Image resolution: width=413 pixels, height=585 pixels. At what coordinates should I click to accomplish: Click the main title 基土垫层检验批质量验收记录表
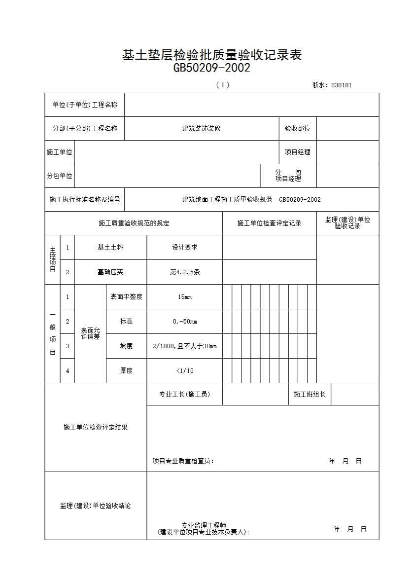(x=212, y=55)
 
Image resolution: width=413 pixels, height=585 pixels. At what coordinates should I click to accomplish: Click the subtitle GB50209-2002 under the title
(x=212, y=68)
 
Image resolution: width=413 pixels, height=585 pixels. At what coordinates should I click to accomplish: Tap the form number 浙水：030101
(x=332, y=85)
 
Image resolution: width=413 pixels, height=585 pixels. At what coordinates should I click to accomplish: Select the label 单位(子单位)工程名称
(x=85, y=105)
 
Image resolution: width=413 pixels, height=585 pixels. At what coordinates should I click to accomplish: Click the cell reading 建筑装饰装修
(x=201, y=128)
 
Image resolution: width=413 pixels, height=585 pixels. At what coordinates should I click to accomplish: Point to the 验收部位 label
(x=297, y=128)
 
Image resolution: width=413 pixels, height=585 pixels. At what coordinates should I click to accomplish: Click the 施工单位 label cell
(x=60, y=152)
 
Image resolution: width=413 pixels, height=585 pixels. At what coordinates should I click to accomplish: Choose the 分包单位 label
(x=60, y=176)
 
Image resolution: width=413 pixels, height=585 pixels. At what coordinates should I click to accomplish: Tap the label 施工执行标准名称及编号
(x=85, y=199)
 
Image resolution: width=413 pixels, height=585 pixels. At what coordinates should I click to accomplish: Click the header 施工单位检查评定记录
(x=269, y=223)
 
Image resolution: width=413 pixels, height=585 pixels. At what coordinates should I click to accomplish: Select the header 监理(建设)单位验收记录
(x=347, y=223)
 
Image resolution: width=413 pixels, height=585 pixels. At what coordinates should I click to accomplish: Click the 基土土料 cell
(x=110, y=247)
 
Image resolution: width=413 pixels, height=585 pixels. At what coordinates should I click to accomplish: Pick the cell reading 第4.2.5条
(x=184, y=272)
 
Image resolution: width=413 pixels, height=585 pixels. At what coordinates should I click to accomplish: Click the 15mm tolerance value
(x=184, y=296)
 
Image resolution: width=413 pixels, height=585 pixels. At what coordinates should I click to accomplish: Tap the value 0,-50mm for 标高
(x=184, y=321)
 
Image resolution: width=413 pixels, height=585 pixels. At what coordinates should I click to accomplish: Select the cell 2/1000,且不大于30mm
(x=184, y=346)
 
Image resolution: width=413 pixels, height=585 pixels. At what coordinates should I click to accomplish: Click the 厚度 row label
(x=126, y=370)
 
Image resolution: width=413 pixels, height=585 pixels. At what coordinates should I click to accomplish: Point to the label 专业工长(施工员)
(x=184, y=394)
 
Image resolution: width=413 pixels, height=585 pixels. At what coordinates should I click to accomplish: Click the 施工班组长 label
(x=310, y=394)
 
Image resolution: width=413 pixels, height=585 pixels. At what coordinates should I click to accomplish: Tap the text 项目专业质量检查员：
(x=183, y=461)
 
